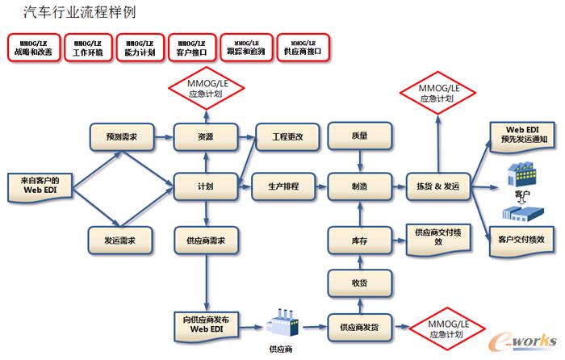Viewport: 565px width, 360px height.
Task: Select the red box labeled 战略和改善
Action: [33, 47]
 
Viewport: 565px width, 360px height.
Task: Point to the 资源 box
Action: [205, 137]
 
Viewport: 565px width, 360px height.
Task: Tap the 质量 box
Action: [360, 137]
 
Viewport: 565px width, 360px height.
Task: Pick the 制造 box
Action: [360, 186]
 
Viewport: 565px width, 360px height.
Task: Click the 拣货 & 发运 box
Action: [437, 186]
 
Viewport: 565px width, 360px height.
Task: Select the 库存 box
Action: [360, 238]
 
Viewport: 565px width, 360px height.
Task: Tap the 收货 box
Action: [360, 282]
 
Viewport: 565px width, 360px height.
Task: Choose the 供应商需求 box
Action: [205, 238]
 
